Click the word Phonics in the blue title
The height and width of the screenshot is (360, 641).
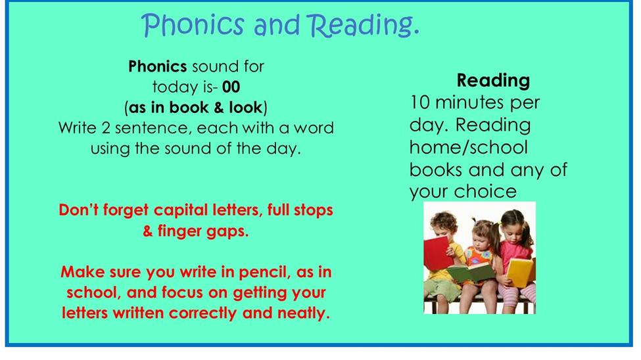coord(193,25)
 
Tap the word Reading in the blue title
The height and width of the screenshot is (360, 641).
coord(363,26)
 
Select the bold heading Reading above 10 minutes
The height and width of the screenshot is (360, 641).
coord(493,81)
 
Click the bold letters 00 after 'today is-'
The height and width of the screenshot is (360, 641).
coord(231,87)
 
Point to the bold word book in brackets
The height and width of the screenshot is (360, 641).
coord(189,108)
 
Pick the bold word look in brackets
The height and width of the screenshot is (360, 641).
coord(245,108)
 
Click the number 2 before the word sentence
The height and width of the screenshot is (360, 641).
coord(106,128)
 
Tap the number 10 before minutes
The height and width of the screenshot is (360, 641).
coord(420,102)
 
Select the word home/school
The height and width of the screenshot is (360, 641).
coord(469,147)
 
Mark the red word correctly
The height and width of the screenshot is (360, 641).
coord(202,313)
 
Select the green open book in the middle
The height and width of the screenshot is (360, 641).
coord(471,273)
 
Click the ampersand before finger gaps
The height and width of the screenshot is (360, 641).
coord(147,231)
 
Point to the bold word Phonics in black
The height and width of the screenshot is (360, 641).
coord(157,66)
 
